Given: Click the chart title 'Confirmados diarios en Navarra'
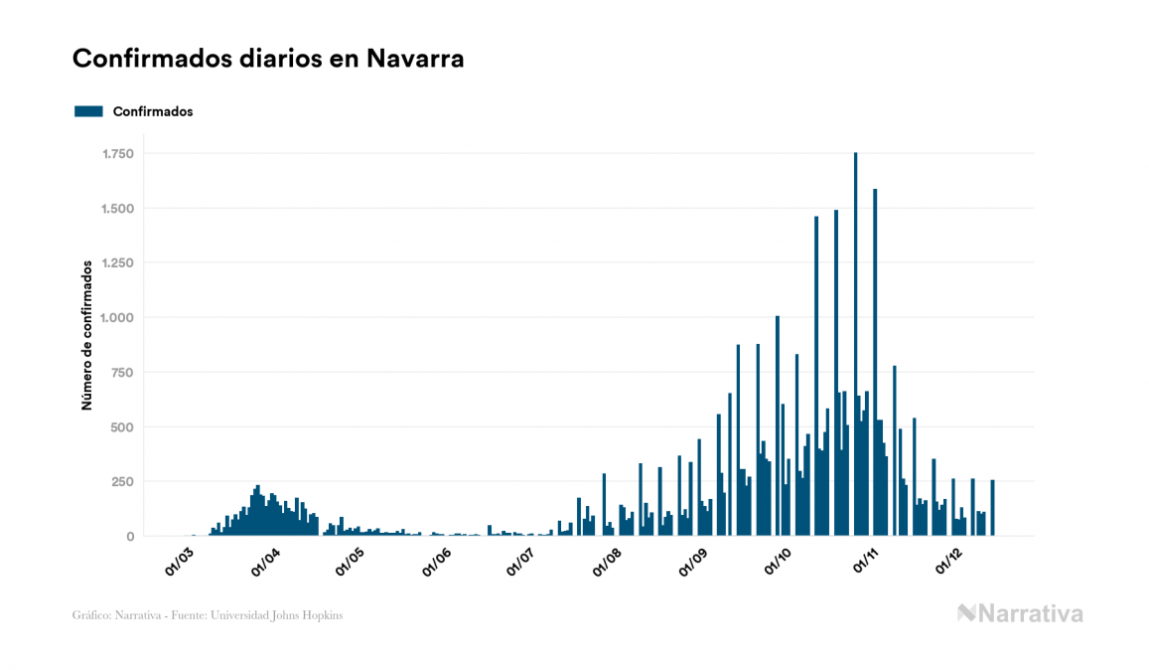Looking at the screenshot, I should tap(268, 59).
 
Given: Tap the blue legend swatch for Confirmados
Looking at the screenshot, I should tap(88, 111).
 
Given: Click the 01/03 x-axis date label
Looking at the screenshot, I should tap(181, 560).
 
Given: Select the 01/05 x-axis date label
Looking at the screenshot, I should tap(350, 560).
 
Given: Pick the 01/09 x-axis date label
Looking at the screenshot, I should tap(693, 560).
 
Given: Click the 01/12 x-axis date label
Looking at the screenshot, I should tap(950, 560).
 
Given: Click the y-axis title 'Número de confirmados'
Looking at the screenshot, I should tap(87, 335).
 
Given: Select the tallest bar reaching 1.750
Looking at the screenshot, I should tap(855, 348).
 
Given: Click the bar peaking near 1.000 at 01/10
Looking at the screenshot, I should tap(778, 427).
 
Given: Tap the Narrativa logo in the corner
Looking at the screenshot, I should tap(1020, 613).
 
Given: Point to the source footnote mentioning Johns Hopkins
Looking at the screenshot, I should tap(208, 615).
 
